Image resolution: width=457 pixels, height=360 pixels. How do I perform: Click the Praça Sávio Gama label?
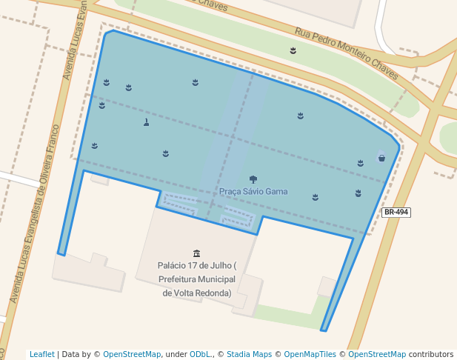tap(253, 192)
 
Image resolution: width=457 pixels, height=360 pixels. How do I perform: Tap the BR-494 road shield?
tap(396, 213)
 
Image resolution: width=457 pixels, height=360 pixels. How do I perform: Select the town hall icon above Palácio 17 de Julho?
tap(196, 253)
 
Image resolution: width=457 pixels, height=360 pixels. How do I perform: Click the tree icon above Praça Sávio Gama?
tap(253, 179)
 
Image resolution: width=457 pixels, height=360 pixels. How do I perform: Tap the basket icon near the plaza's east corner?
tap(381, 158)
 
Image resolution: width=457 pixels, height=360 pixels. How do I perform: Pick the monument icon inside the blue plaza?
tap(146, 122)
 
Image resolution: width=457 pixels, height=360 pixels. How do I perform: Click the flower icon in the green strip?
tap(293, 50)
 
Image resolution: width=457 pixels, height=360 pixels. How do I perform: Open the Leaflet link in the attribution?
tap(41, 354)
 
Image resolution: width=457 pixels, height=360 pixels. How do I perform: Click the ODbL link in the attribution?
tap(196, 354)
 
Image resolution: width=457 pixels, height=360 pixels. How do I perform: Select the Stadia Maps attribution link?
tap(249, 354)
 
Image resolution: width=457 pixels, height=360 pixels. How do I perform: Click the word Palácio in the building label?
tap(173, 265)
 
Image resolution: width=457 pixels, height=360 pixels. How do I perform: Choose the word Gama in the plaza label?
tap(276, 192)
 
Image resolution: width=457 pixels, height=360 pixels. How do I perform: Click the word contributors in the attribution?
tap(431, 354)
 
